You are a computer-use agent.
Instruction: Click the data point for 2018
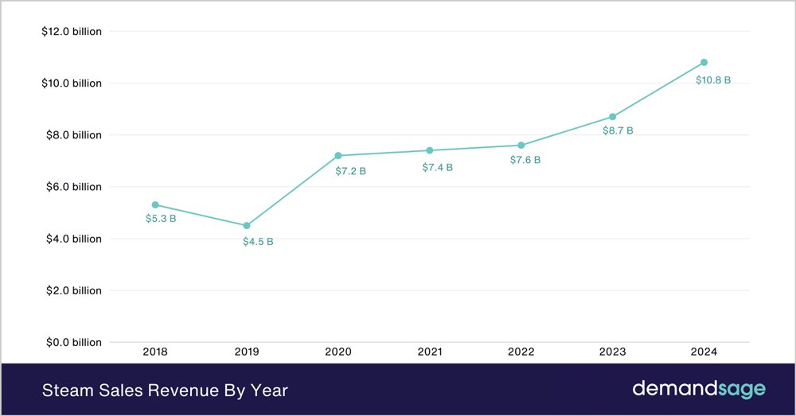155,205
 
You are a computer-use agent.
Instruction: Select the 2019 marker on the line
247,226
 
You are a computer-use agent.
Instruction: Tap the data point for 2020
338,156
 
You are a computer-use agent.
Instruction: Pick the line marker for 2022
521,146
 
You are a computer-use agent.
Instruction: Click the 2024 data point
704,62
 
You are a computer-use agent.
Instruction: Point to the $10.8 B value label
713,80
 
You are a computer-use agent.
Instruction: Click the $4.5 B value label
258,242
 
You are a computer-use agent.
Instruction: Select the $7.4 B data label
438,168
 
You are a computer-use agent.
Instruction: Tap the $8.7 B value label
618,130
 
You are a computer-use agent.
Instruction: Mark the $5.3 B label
161,218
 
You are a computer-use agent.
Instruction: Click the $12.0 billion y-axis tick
72,32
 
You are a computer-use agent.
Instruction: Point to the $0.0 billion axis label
72,343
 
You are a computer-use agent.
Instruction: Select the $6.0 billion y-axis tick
72,187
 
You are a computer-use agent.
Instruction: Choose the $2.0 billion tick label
72,291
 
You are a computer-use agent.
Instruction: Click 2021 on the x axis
430,352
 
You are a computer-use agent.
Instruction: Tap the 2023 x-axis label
613,352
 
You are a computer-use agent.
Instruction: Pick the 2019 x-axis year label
247,352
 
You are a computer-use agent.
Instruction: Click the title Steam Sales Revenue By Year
165,391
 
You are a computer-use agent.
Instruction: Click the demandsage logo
698,389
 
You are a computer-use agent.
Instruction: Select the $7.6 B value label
525,160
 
